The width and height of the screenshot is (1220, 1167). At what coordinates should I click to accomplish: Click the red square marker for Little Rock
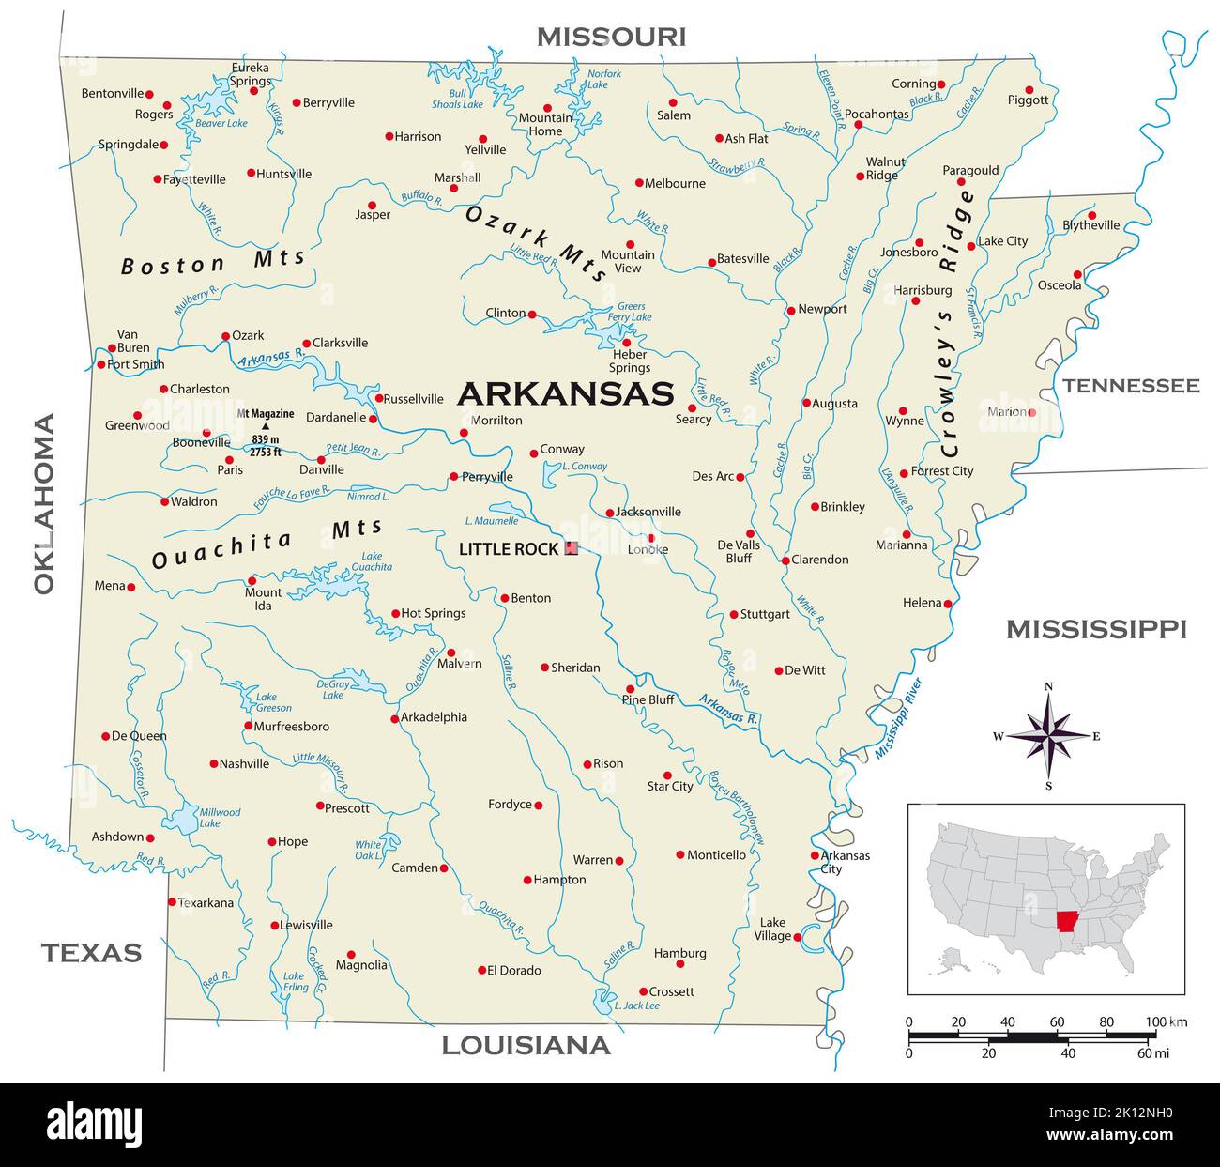click(x=571, y=548)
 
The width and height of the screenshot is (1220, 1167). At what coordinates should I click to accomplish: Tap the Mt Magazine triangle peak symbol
click(x=265, y=426)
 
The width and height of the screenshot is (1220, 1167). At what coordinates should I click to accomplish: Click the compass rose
click(x=1048, y=736)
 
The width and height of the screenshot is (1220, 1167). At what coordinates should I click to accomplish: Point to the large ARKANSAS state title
click(x=565, y=393)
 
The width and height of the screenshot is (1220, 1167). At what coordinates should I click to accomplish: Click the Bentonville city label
click(x=113, y=93)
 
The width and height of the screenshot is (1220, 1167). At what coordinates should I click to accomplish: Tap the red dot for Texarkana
click(x=172, y=902)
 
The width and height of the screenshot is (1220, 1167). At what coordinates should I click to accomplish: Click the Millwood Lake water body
click(x=180, y=820)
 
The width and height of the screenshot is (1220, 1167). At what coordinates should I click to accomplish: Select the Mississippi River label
click(x=898, y=718)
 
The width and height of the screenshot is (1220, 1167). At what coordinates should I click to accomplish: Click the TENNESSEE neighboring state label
click(x=1131, y=385)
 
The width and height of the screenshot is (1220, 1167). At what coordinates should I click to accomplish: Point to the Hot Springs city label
click(x=433, y=613)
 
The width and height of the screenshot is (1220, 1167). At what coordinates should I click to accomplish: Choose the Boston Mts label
click(x=213, y=263)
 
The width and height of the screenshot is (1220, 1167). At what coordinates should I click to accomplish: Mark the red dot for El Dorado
click(x=481, y=970)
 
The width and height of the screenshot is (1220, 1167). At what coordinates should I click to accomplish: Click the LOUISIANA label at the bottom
click(x=526, y=1045)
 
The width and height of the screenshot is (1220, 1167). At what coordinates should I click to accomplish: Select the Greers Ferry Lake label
click(x=631, y=312)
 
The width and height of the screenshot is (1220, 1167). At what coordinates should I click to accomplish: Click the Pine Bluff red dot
click(x=630, y=688)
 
